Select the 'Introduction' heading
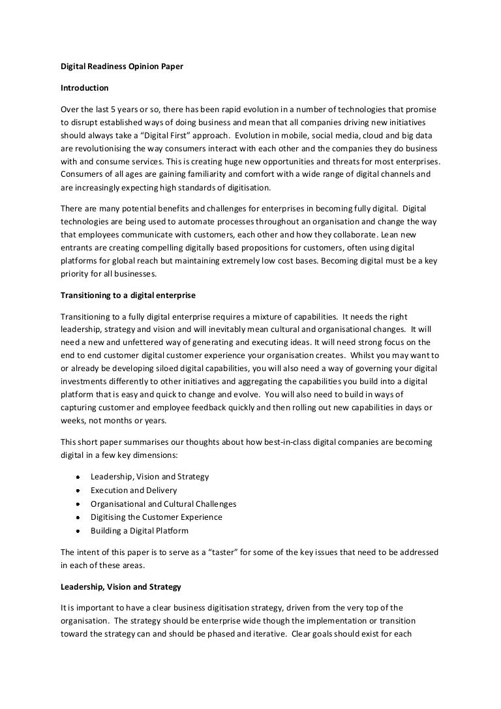coord(84,87)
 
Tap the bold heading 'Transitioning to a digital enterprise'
coord(127,295)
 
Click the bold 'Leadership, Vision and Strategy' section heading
coord(121,586)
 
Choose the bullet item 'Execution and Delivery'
coord(134,490)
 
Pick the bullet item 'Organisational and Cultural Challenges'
coord(163,504)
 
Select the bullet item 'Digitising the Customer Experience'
coord(157,517)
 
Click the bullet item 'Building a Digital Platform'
coord(140,531)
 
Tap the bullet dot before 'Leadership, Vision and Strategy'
coord(78,477)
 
